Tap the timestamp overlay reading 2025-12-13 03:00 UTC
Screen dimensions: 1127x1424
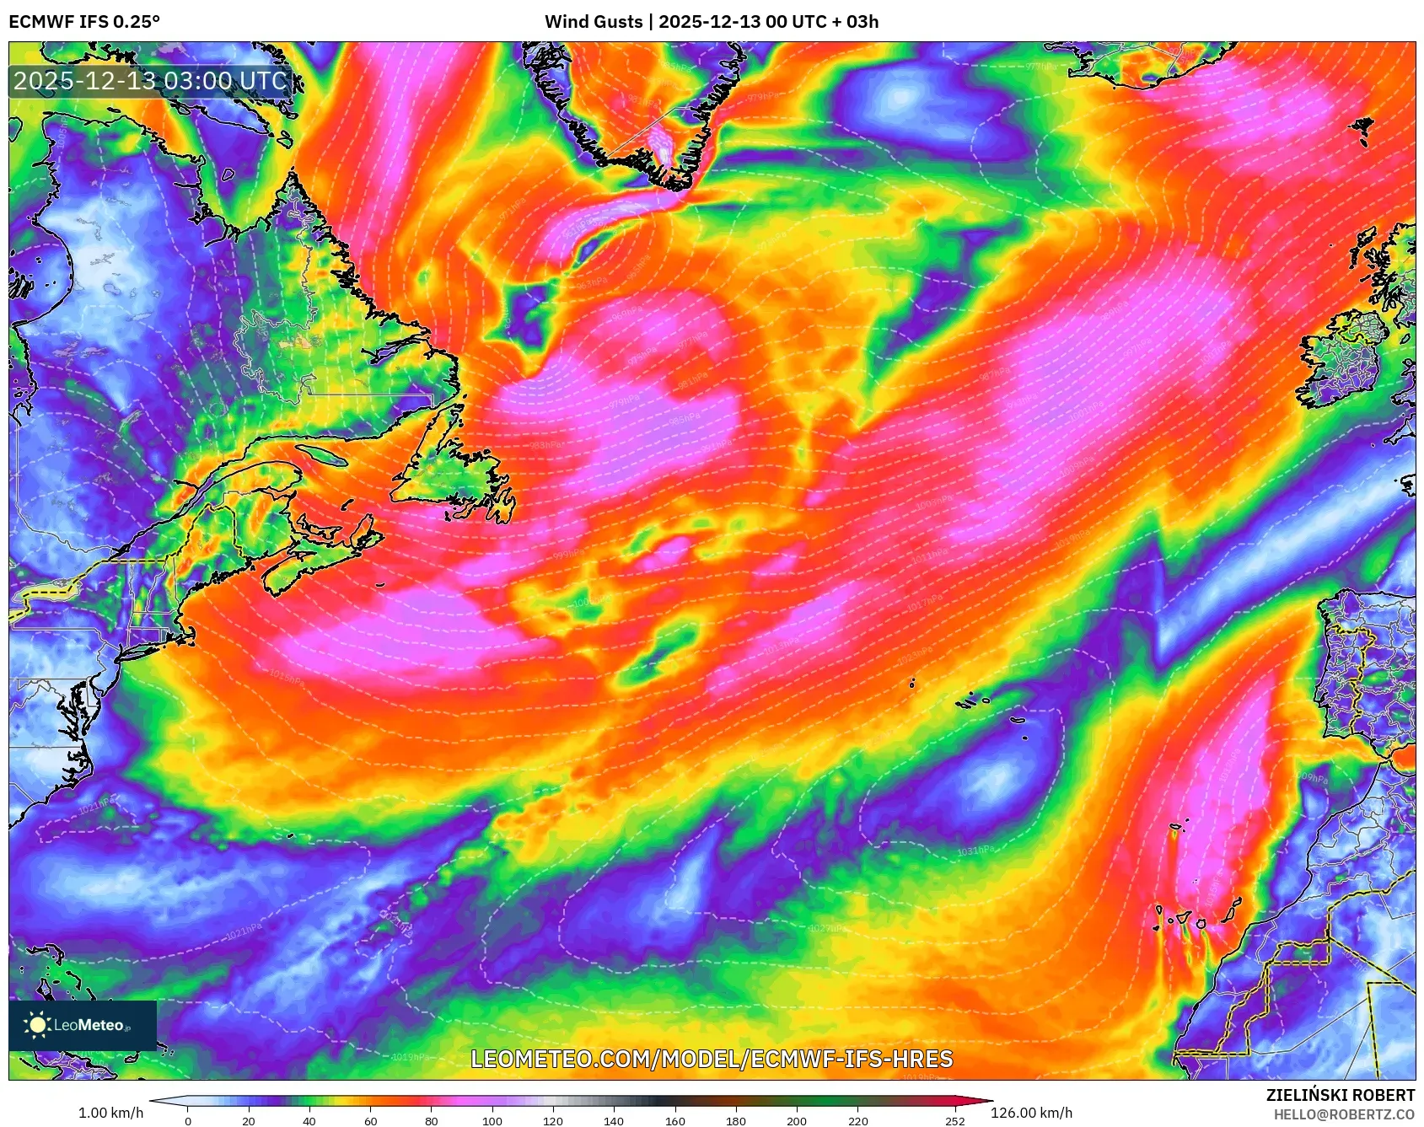coord(151,81)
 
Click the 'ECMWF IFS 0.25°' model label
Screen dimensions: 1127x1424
coord(84,21)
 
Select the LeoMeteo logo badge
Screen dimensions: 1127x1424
coord(83,1025)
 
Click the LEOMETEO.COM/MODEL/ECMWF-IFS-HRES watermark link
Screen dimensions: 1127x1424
coord(712,1059)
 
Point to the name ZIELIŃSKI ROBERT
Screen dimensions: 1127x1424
coord(1340,1095)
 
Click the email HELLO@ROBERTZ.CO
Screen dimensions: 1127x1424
coord(1344,1114)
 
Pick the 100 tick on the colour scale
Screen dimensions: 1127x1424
coord(492,1120)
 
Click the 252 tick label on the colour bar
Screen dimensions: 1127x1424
coord(954,1120)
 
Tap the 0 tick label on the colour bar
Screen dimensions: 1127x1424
coord(187,1120)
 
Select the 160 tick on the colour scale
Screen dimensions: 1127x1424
coord(675,1120)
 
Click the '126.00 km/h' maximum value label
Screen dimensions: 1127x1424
coord(1031,1113)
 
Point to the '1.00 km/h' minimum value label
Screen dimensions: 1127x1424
coord(110,1113)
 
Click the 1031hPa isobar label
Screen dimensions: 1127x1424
coord(975,851)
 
